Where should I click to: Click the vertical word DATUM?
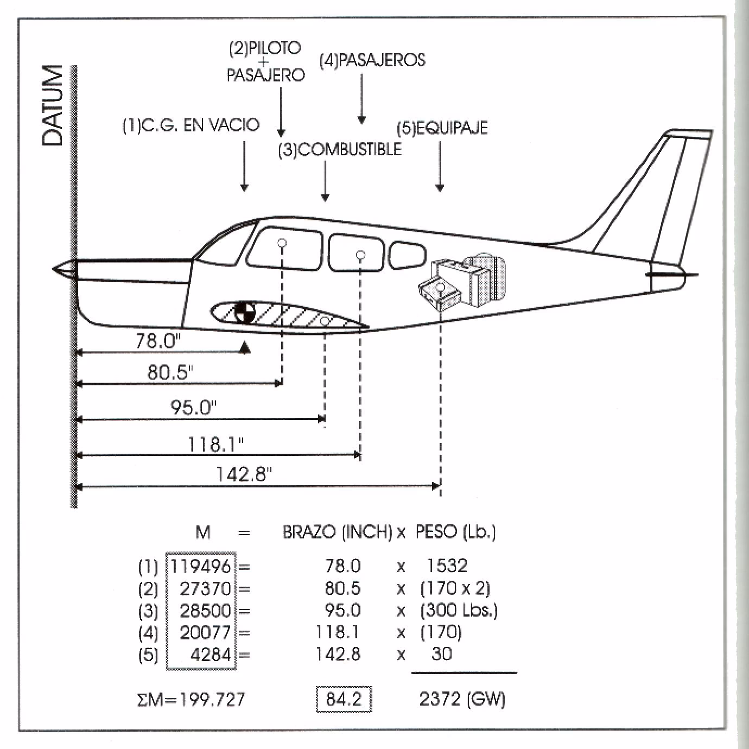[53, 105]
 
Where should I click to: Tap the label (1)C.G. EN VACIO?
[191, 126]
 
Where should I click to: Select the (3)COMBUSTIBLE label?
[340, 150]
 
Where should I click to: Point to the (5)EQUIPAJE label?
[442, 128]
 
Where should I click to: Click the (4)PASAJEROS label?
[372, 60]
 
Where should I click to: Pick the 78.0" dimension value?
[157, 341]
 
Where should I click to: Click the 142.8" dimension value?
[244, 474]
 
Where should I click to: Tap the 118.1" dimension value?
[215, 445]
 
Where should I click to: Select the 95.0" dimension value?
[193, 407]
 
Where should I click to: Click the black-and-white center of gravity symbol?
[245, 312]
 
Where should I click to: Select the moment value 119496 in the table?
[201, 567]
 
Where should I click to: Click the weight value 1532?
[447, 566]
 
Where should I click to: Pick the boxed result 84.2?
[344, 699]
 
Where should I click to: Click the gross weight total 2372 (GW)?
[462, 699]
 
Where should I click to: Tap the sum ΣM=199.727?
[191, 700]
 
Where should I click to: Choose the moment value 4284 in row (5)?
[211, 655]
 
